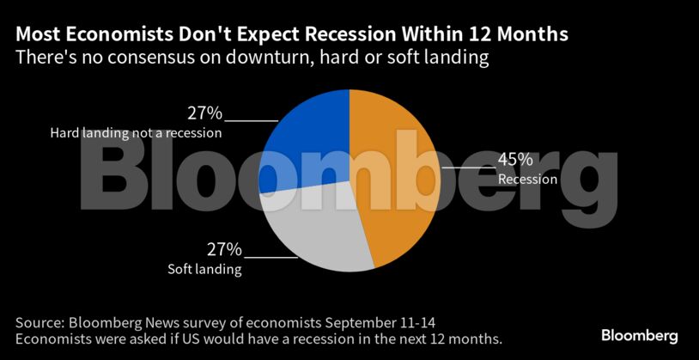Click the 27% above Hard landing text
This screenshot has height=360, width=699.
[x=204, y=113]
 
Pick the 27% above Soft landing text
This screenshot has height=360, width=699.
[x=224, y=250]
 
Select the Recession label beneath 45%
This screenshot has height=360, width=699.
[x=528, y=180]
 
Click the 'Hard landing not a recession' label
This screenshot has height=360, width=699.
[x=136, y=133]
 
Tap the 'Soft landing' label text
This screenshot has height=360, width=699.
[x=204, y=270]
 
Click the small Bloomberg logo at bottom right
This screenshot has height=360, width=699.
[x=639, y=335]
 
